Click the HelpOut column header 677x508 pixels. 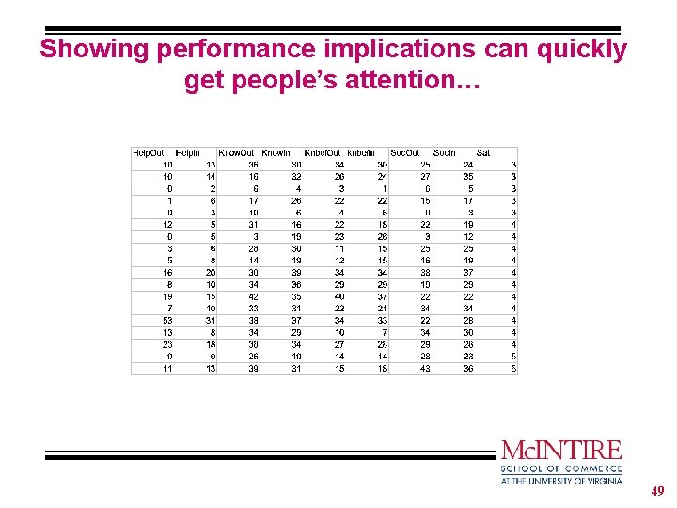click(x=149, y=152)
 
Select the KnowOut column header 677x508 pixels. click(x=236, y=152)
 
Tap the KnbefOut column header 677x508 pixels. click(x=322, y=152)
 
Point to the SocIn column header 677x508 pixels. click(x=445, y=152)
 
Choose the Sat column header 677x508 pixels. click(x=483, y=152)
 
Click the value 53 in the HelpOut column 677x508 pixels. click(x=166, y=320)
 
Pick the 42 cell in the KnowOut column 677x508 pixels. click(x=253, y=296)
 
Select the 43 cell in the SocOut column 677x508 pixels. click(x=425, y=369)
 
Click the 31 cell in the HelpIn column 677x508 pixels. click(x=210, y=320)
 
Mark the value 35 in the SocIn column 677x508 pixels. click(x=468, y=176)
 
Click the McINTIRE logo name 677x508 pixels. click(x=561, y=450)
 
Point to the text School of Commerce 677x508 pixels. click(x=561, y=468)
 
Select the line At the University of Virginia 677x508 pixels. click(x=561, y=481)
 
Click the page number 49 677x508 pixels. click(x=658, y=491)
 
